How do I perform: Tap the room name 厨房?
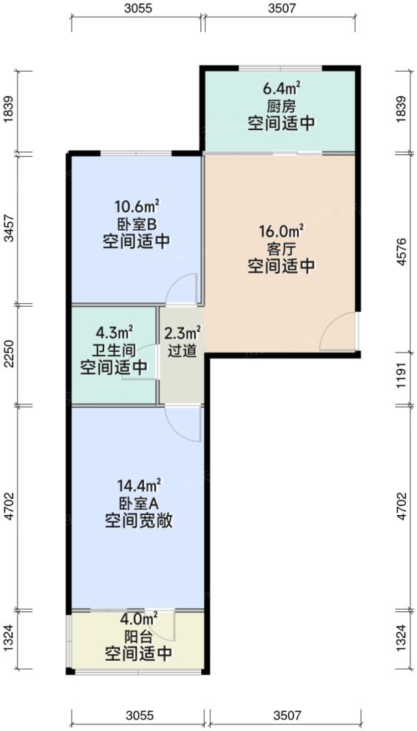281,106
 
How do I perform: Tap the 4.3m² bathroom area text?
115,333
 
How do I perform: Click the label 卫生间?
115,350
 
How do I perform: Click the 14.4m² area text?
138,486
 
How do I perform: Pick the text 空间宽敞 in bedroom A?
138,520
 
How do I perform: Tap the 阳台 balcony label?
138,636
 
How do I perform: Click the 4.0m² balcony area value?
138,619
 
